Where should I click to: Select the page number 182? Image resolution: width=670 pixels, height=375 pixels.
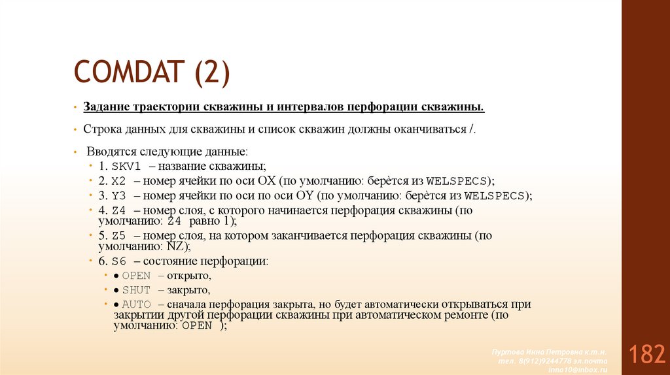(x=646, y=355)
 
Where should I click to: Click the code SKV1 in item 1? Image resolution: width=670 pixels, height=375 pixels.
(x=127, y=166)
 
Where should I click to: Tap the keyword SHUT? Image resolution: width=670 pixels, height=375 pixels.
(x=136, y=289)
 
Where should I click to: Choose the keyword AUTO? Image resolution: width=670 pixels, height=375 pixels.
(x=136, y=304)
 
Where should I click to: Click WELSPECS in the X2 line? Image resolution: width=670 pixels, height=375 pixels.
(x=457, y=181)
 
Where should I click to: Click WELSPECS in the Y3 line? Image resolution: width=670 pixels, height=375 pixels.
(x=494, y=195)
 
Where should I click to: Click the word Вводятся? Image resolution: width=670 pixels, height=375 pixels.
(x=107, y=151)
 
